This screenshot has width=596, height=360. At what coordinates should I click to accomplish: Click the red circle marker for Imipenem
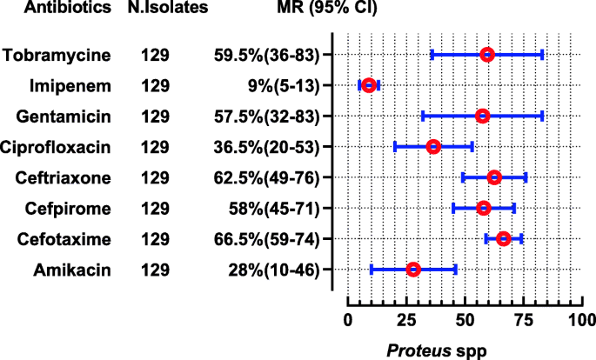click(x=369, y=85)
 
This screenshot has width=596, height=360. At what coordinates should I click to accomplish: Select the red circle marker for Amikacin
click(x=413, y=270)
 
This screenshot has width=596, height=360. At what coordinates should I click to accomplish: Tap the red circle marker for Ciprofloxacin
click(x=433, y=147)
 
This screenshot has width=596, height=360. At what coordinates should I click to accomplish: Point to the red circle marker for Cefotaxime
click(x=503, y=238)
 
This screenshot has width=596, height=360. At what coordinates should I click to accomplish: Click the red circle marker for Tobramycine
click(x=487, y=55)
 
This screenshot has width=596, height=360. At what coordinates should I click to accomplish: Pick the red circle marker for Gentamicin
click(x=483, y=116)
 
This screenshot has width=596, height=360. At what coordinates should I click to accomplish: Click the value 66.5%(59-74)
click(x=271, y=238)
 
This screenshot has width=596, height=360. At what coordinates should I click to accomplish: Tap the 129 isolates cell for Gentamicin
click(x=157, y=116)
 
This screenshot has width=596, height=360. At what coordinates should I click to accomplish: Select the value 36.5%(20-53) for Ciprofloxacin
click(x=271, y=147)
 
